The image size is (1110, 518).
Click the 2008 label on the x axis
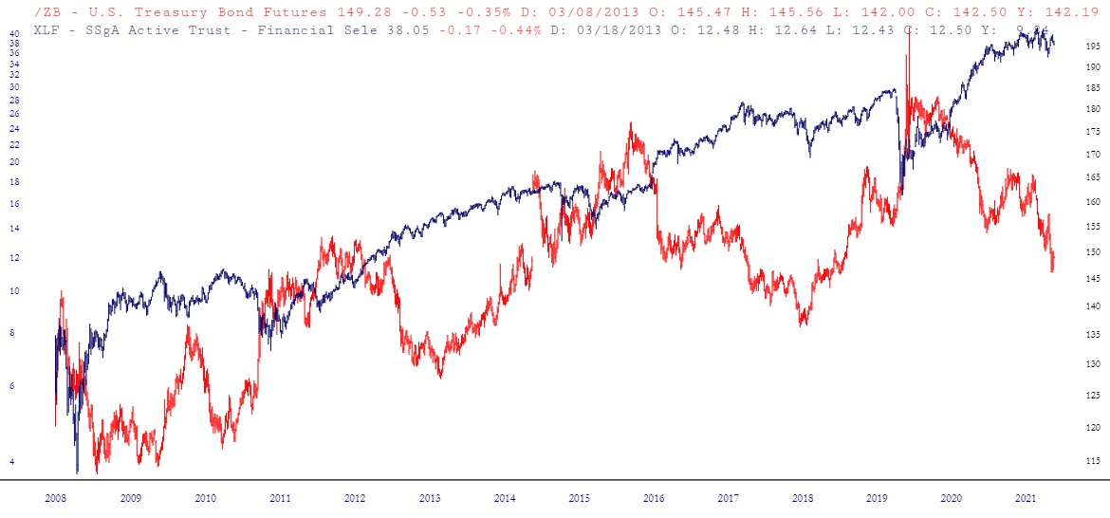coord(56,497)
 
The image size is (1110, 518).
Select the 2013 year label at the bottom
coord(429,497)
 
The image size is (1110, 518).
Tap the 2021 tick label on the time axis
coord(1026,497)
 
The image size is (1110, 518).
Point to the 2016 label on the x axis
coord(653,497)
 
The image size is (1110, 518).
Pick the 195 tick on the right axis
coord(1093,46)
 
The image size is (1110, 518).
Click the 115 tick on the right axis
coord(1093,461)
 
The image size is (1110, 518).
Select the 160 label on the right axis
coord(1093,201)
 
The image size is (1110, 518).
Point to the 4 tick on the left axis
coord(12,461)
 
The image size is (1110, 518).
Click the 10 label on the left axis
coord(14,291)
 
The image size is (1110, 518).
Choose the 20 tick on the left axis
coord(14,161)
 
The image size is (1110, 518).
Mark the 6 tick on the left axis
coord(12,385)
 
